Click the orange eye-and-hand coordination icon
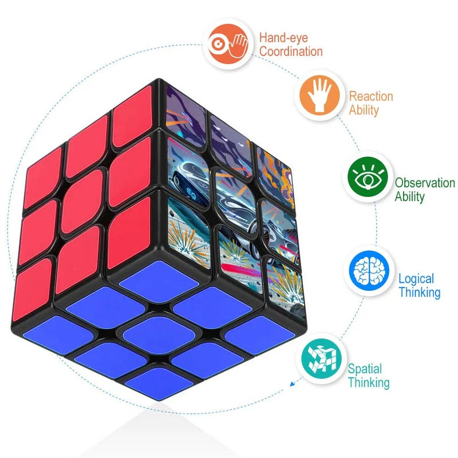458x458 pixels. click(228, 44)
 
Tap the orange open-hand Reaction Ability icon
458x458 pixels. click(320, 95)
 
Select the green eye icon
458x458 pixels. click(368, 177)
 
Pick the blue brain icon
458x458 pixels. click(369, 271)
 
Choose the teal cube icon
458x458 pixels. click(321, 359)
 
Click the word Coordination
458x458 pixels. click(291, 52)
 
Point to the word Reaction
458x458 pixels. click(371, 96)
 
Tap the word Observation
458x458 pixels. click(425, 183)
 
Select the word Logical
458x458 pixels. click(416, 279)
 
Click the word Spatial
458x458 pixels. click(365, 369)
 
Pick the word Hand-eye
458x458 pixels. click(283, 38)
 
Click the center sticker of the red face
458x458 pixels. click(82, 202)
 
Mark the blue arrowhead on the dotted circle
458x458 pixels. click(293, 384)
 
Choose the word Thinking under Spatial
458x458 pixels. click(369, 382)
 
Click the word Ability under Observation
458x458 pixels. click(409, 196)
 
